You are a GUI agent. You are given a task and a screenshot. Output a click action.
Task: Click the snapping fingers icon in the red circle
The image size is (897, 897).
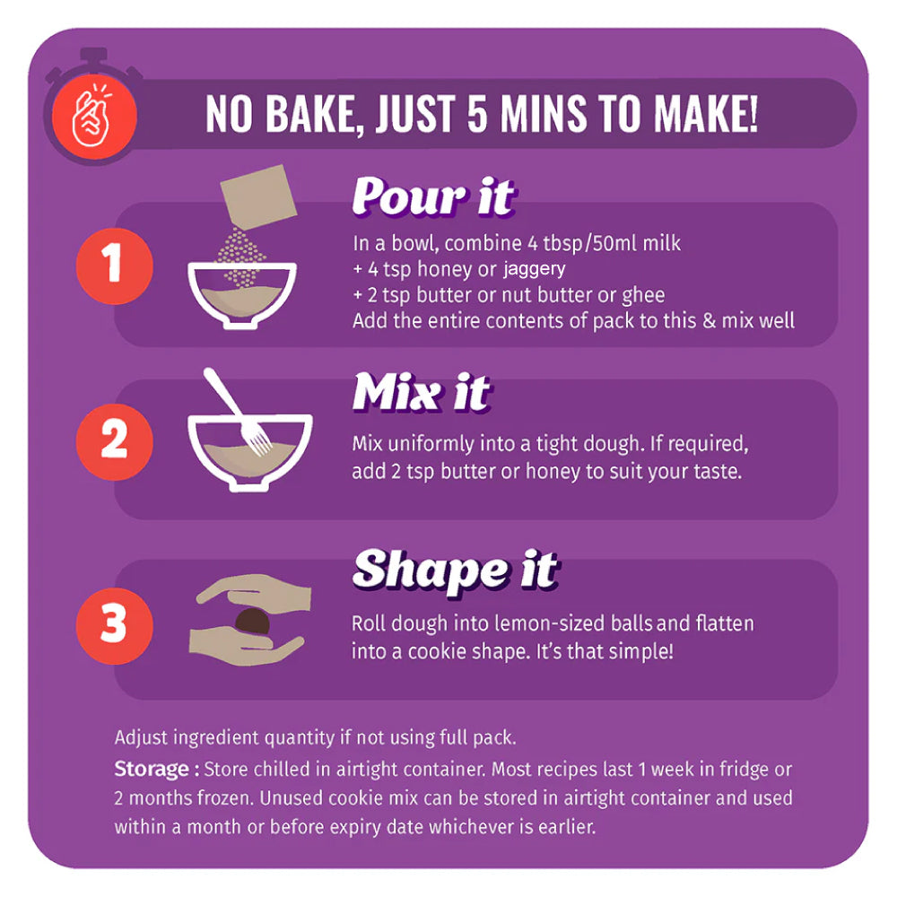(92, 116)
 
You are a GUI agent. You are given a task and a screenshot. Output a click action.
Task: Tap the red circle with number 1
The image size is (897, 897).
(115, 266)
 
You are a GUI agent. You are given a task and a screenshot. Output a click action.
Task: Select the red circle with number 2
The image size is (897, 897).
(115, 441)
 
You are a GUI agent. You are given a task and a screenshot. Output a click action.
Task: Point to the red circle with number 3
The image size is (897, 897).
(115, 625)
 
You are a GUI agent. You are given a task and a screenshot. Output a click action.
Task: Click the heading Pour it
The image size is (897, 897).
(433, 196)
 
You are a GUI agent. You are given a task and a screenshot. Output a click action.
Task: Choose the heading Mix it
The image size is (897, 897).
(422, 393)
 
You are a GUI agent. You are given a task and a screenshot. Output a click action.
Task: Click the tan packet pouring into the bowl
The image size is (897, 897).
(258, 196)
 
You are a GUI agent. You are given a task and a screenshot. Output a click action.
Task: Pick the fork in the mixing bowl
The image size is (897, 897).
(237, 411)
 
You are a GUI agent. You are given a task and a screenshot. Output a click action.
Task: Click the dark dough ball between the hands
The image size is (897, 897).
(252, 622)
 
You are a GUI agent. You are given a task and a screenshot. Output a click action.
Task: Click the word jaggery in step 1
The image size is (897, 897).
(535, 269)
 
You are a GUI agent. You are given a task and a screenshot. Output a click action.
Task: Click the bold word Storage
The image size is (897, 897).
(152, 770)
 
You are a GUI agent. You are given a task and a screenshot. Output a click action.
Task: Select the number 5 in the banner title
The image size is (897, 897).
(478, 113)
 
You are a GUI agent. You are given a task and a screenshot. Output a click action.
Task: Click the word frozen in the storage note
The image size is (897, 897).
(225, 798)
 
